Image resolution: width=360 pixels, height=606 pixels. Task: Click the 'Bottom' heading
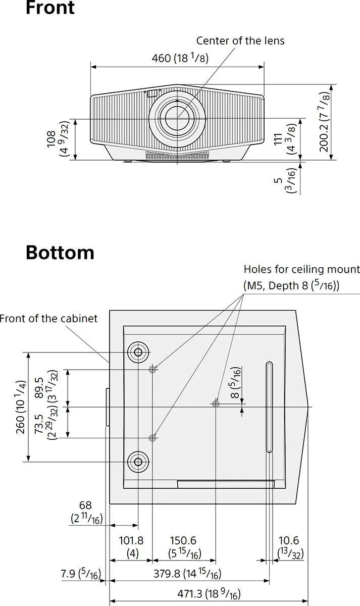click(60, 252)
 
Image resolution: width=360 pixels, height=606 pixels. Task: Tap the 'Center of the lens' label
click(240, 41)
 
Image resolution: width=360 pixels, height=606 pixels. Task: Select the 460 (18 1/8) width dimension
click(180, 58)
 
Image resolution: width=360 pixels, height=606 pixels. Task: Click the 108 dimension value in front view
click(51, 139)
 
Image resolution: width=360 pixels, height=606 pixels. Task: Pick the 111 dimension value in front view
click(278, 139)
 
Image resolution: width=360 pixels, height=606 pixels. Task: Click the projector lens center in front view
click(177, 118)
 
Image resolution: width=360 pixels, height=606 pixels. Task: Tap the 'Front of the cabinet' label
click(48, 319)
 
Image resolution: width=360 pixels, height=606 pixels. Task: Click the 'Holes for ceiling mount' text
click(301, 270)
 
